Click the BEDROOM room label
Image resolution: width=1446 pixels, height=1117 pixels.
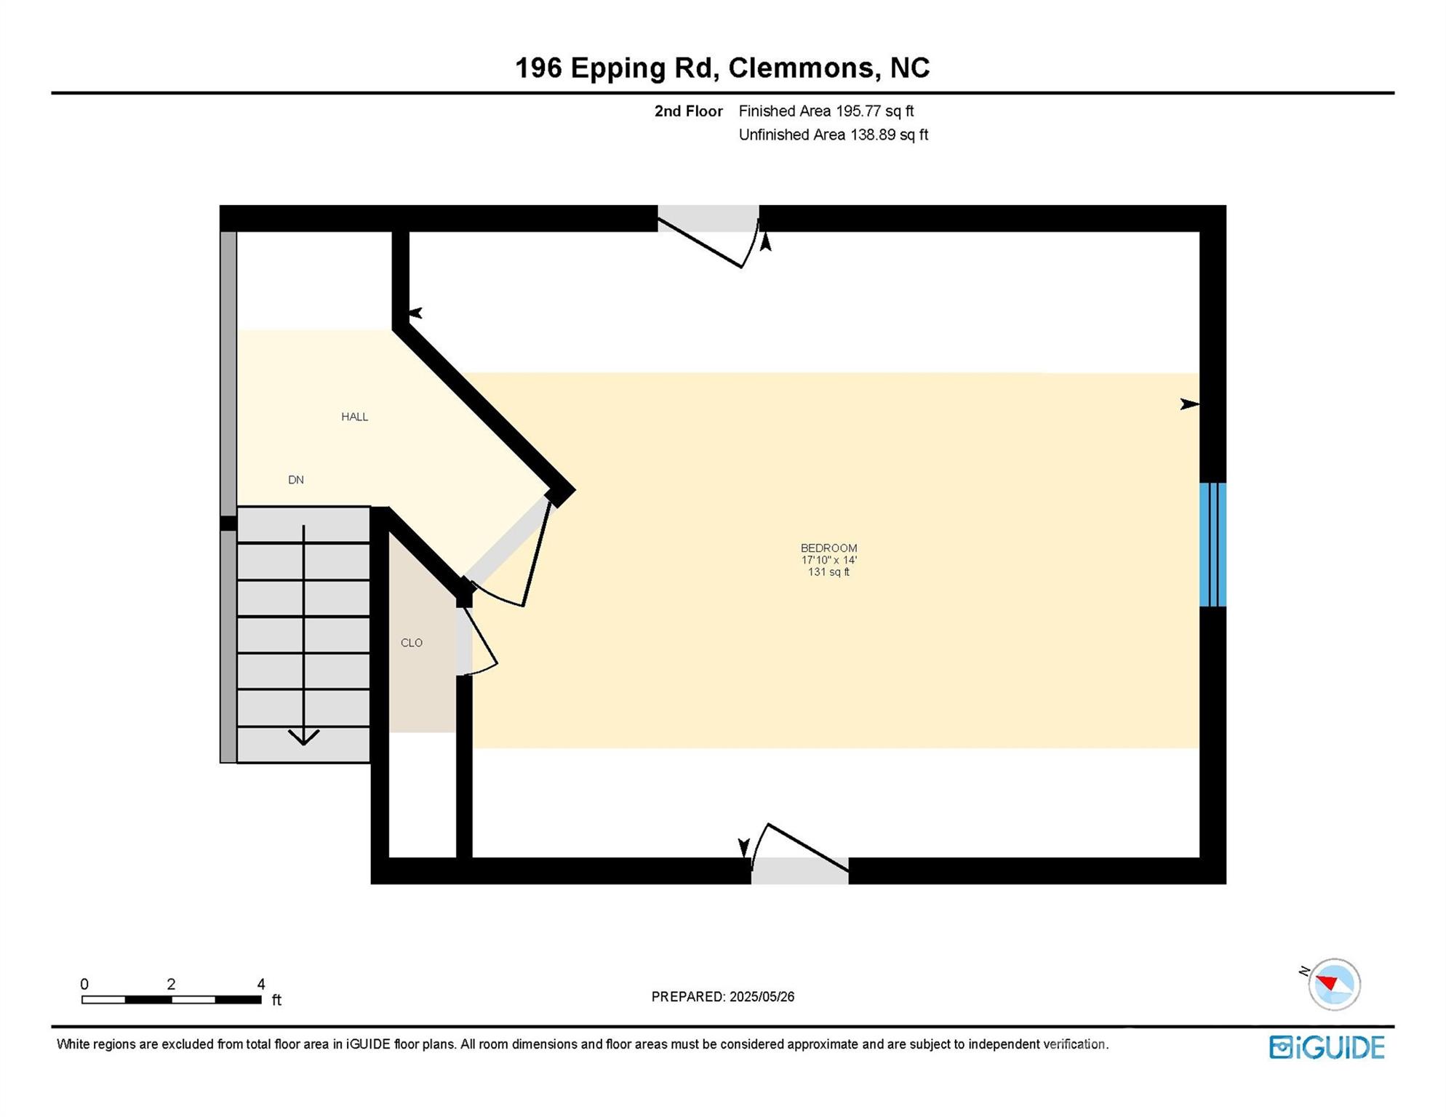[x=828, y=548]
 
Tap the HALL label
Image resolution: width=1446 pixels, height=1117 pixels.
[x=354, y=417]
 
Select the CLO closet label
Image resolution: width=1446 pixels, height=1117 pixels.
[x=411, y=643]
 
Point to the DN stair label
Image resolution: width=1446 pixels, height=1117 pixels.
[x=295, y=480]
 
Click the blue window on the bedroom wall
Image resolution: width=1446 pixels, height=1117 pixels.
[x=1212, y=545]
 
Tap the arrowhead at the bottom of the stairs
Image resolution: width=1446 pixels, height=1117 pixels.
[x=303, y=738]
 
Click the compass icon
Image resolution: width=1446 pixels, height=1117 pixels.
[x=1333, y=985]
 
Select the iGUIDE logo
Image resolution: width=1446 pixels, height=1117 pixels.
[x=1327, y=1047]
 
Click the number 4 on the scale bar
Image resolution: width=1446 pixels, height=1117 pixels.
[x=260, y=985]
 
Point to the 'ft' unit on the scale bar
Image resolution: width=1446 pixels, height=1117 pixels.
[x=276, y=1001]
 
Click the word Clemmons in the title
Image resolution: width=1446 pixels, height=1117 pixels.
[x=801, y=68]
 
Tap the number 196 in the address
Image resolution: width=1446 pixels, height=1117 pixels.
[x=538, y=68]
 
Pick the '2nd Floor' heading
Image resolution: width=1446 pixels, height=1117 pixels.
[x=688, y=111]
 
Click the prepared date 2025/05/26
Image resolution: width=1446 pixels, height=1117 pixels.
[x=762, y=997]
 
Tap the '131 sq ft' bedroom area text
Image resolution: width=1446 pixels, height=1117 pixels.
[x=828, y=572]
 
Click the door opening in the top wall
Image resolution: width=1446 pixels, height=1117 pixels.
[x=708, y=219]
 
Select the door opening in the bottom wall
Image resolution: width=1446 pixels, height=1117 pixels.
[x=799, y=870]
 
